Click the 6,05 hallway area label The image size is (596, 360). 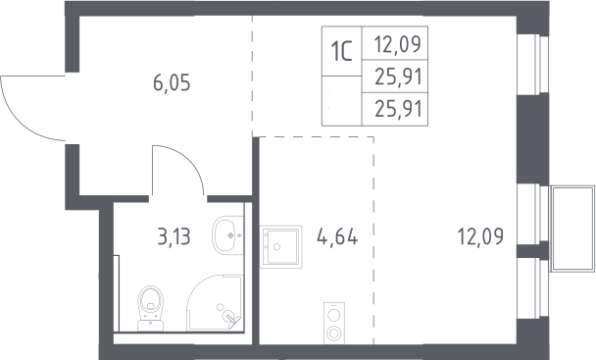click(172, 83)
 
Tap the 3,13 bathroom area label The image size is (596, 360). click(174, 236)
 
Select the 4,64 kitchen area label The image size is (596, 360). click(337, 236)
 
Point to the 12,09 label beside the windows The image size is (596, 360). click(480, 236)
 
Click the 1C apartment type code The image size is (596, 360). click(342, 51)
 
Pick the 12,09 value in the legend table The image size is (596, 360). click(398, 44)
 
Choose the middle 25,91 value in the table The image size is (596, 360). click(398, 77)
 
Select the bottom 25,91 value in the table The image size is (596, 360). click(398, 109)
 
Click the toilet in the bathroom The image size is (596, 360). click(151, 308)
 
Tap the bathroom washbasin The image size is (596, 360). click(228, 235)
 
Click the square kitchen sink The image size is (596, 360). click(281, 246)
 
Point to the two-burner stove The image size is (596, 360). click(334, 323)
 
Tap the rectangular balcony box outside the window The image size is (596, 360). click(572, 229)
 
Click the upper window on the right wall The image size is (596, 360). click(533, 65)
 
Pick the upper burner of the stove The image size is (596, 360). click(334, 315)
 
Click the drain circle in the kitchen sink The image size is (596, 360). click(276, 246)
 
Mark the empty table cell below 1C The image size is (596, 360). click(342, 101)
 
